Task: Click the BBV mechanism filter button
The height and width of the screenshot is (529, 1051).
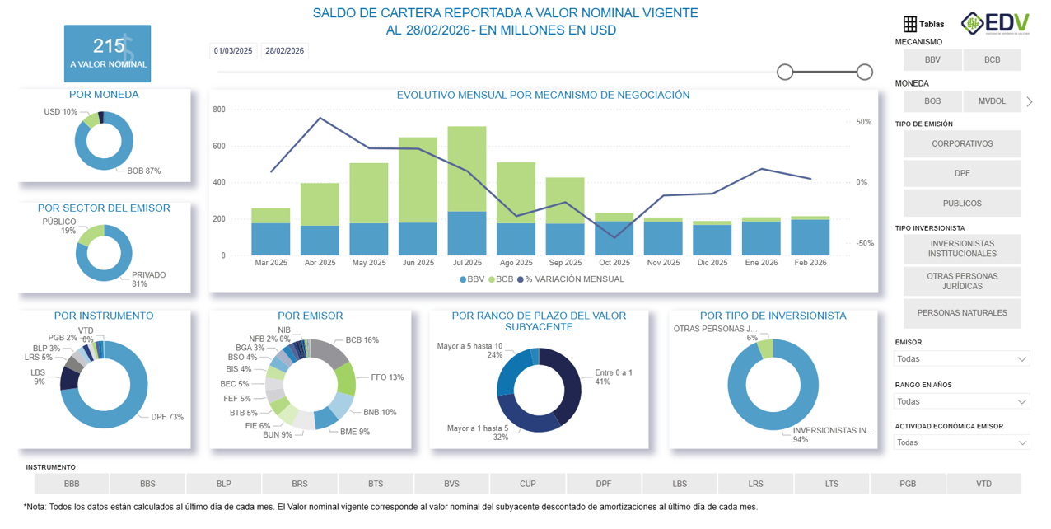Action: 932,60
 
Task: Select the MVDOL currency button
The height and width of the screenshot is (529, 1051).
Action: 992,101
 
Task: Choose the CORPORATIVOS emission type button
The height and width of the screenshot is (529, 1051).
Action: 961,144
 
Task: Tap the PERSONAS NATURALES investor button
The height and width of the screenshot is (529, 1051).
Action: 961,313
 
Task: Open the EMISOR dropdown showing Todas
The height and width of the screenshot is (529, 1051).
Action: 961,359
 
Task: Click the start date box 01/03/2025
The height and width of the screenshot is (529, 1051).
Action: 233,51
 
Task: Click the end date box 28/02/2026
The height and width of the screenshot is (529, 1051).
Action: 283,51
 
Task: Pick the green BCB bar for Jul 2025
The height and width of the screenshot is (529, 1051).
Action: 466,169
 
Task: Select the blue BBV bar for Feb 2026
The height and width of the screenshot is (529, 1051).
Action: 810,237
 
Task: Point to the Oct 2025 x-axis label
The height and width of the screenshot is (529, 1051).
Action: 614,263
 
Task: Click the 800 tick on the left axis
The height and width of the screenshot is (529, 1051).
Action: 219,110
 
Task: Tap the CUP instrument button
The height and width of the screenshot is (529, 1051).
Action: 527,484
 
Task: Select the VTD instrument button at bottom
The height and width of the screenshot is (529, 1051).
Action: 983,484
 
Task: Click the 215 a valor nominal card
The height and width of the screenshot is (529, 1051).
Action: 108,54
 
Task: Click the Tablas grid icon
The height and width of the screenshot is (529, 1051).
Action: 909,24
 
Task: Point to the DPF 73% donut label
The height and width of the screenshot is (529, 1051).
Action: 167,417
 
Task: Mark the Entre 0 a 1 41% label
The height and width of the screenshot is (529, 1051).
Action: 614,377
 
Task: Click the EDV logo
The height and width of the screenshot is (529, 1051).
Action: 994,23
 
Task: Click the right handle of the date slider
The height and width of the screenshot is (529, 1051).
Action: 864,73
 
